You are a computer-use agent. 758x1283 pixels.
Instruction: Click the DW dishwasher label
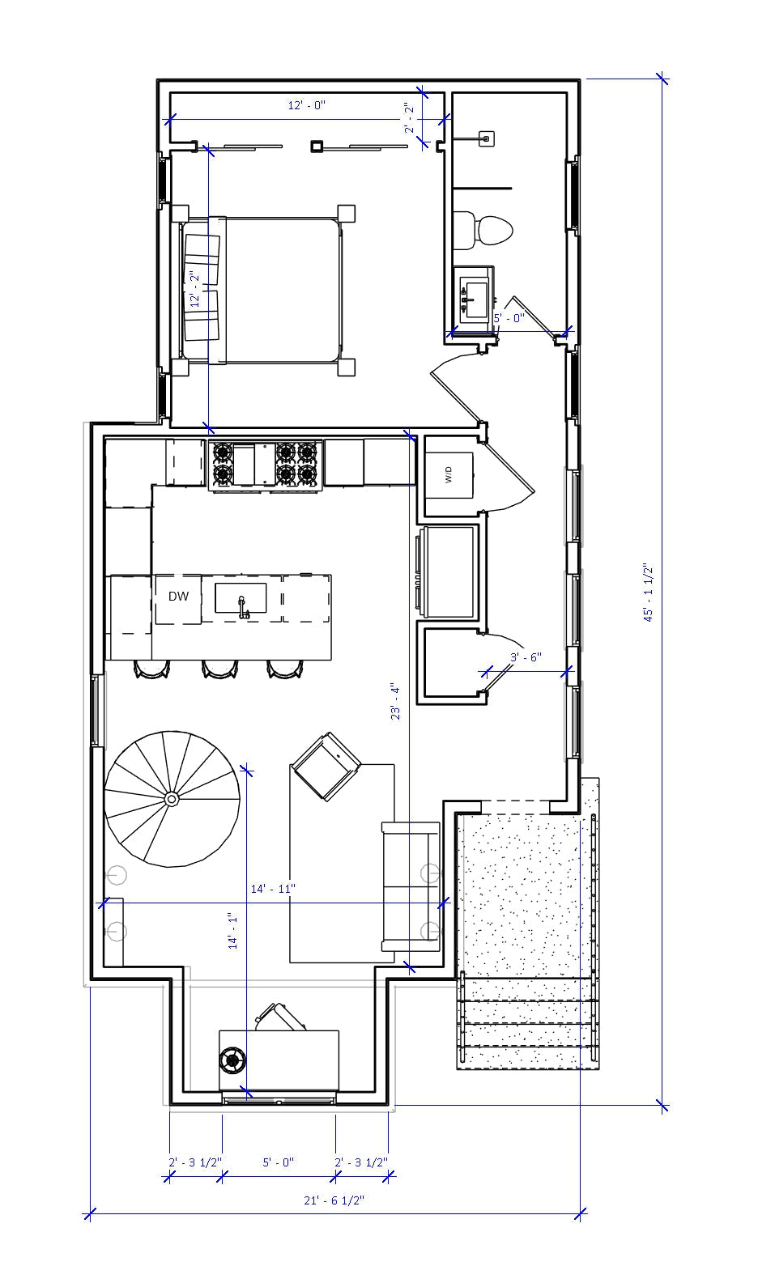coord(178,597)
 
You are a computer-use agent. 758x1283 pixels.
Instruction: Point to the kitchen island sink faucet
coord(242,606)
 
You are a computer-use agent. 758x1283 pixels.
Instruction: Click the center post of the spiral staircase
coord(172,799)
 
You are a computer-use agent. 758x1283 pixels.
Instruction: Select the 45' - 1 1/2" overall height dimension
coord(649,593)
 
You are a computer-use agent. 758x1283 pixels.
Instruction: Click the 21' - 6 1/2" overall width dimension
coord(334,1200)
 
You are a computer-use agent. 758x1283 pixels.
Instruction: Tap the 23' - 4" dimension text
coord(395,701)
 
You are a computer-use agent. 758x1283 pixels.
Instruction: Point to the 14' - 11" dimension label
coord(273,889)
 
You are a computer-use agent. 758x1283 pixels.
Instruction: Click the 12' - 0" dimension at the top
coord(307,105)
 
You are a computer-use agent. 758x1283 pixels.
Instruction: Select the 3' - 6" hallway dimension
coord(526,658)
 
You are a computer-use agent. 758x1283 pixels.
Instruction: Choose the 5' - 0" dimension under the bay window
coord(278,1162)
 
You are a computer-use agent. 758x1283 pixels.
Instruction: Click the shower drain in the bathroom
coord(486,138)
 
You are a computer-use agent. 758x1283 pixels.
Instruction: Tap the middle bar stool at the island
coord(219,668)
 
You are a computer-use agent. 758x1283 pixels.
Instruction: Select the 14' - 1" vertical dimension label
coord(233,931)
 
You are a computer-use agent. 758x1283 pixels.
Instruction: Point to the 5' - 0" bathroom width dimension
coord(509,318)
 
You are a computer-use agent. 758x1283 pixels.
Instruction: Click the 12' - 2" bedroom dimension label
coord(194,289)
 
